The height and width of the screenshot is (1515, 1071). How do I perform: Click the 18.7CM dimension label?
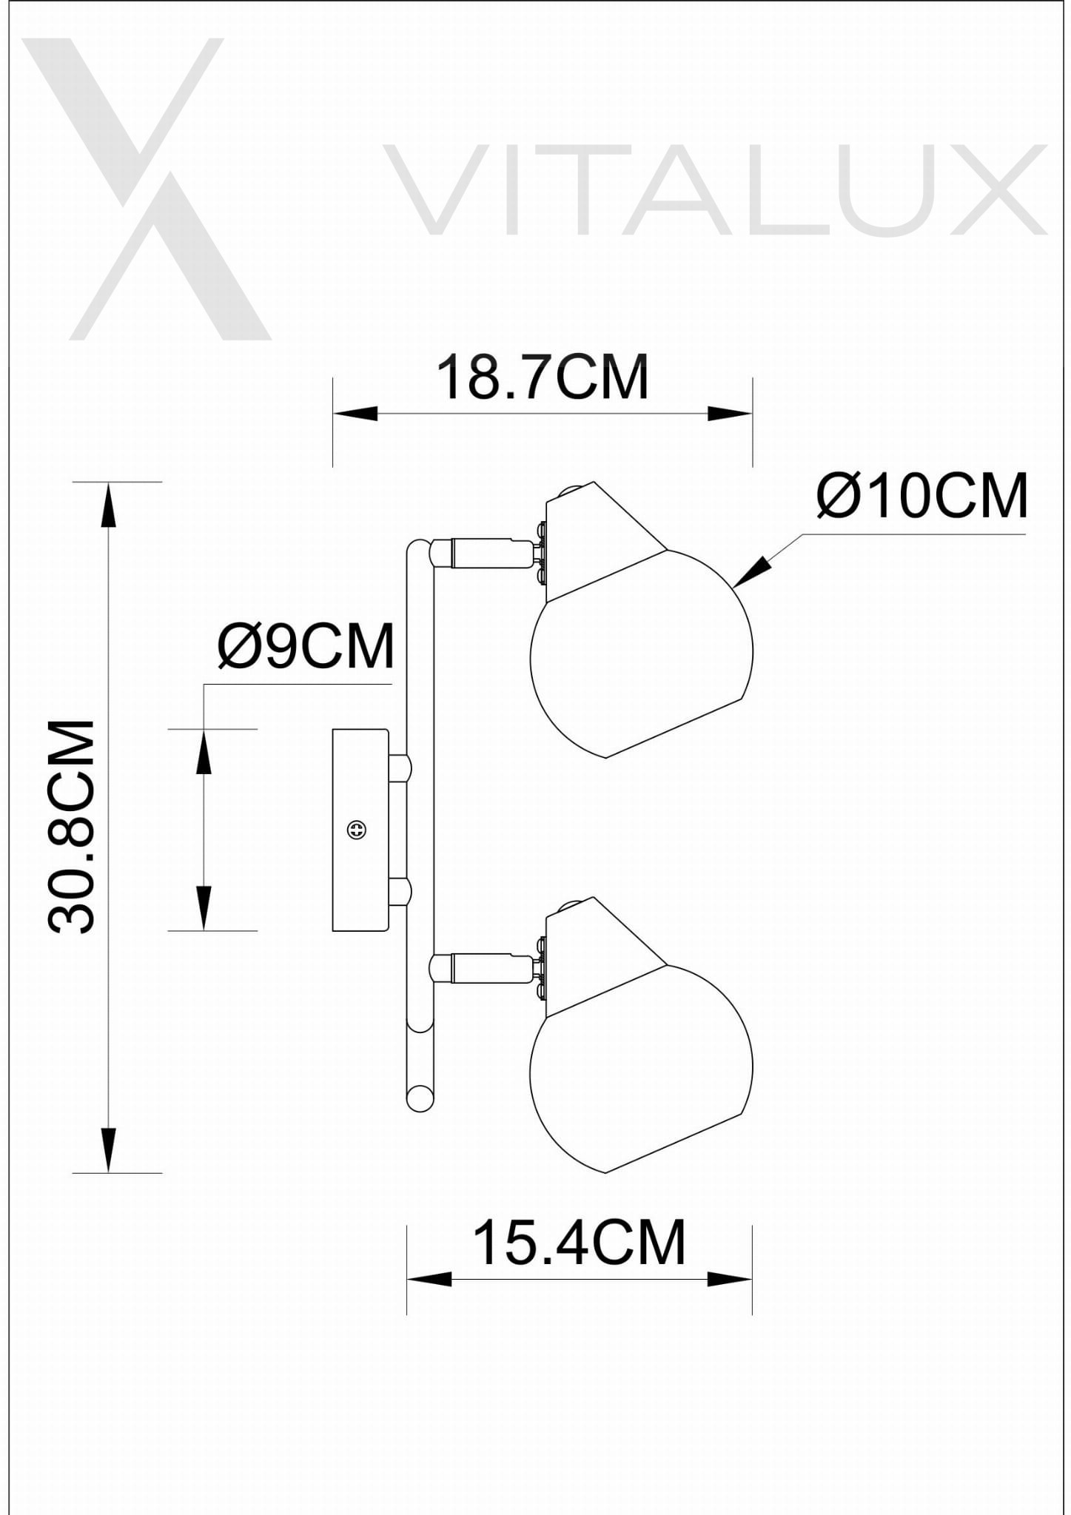[543, 377]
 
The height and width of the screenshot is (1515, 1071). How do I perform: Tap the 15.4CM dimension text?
[579, 1243]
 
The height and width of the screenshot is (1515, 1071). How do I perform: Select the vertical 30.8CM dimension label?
[72, 826]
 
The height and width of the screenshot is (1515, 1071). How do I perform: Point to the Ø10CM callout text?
[922, 496]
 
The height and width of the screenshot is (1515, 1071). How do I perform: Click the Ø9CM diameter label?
[306, 646]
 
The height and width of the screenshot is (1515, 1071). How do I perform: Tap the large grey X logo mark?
[147, 189]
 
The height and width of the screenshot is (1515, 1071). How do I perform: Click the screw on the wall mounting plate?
[357, 830]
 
